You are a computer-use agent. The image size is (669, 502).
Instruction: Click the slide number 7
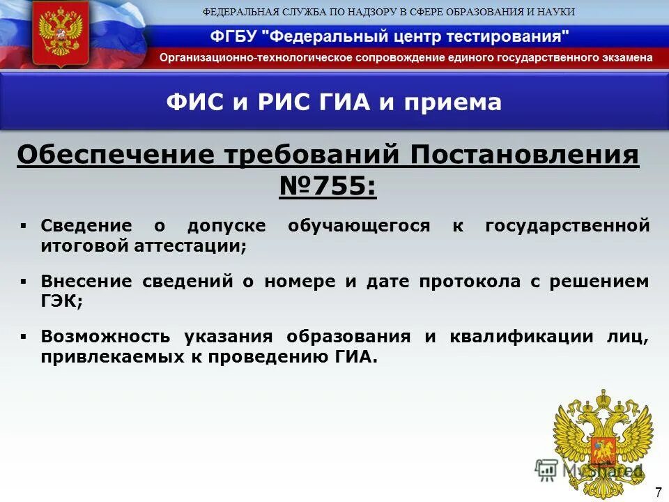pos(658,492)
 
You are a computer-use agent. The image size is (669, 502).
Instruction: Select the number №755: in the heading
pos(328,185)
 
